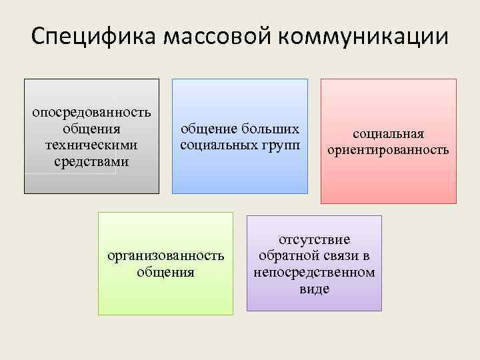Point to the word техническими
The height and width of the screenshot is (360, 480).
[x=91, y=145]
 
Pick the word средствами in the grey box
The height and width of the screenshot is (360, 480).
[x=91, y=161]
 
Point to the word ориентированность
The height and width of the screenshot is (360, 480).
[x=389, y=151]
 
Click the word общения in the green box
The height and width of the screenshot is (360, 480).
[x=166, y=272]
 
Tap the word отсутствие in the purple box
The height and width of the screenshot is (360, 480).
[x=314, y=239]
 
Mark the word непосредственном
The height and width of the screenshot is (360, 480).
[x=314, y=273]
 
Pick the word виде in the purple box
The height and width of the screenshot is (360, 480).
[x=314, y=289]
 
